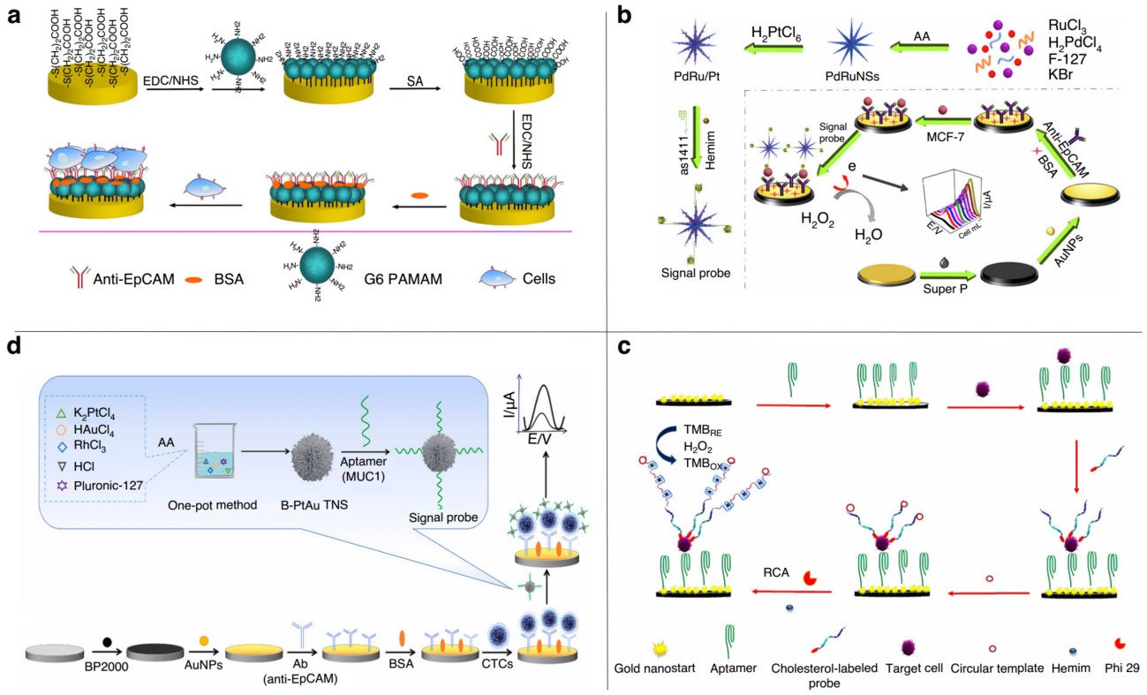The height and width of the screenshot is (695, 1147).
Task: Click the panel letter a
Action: pyautogui.click(x=14, y=16)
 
